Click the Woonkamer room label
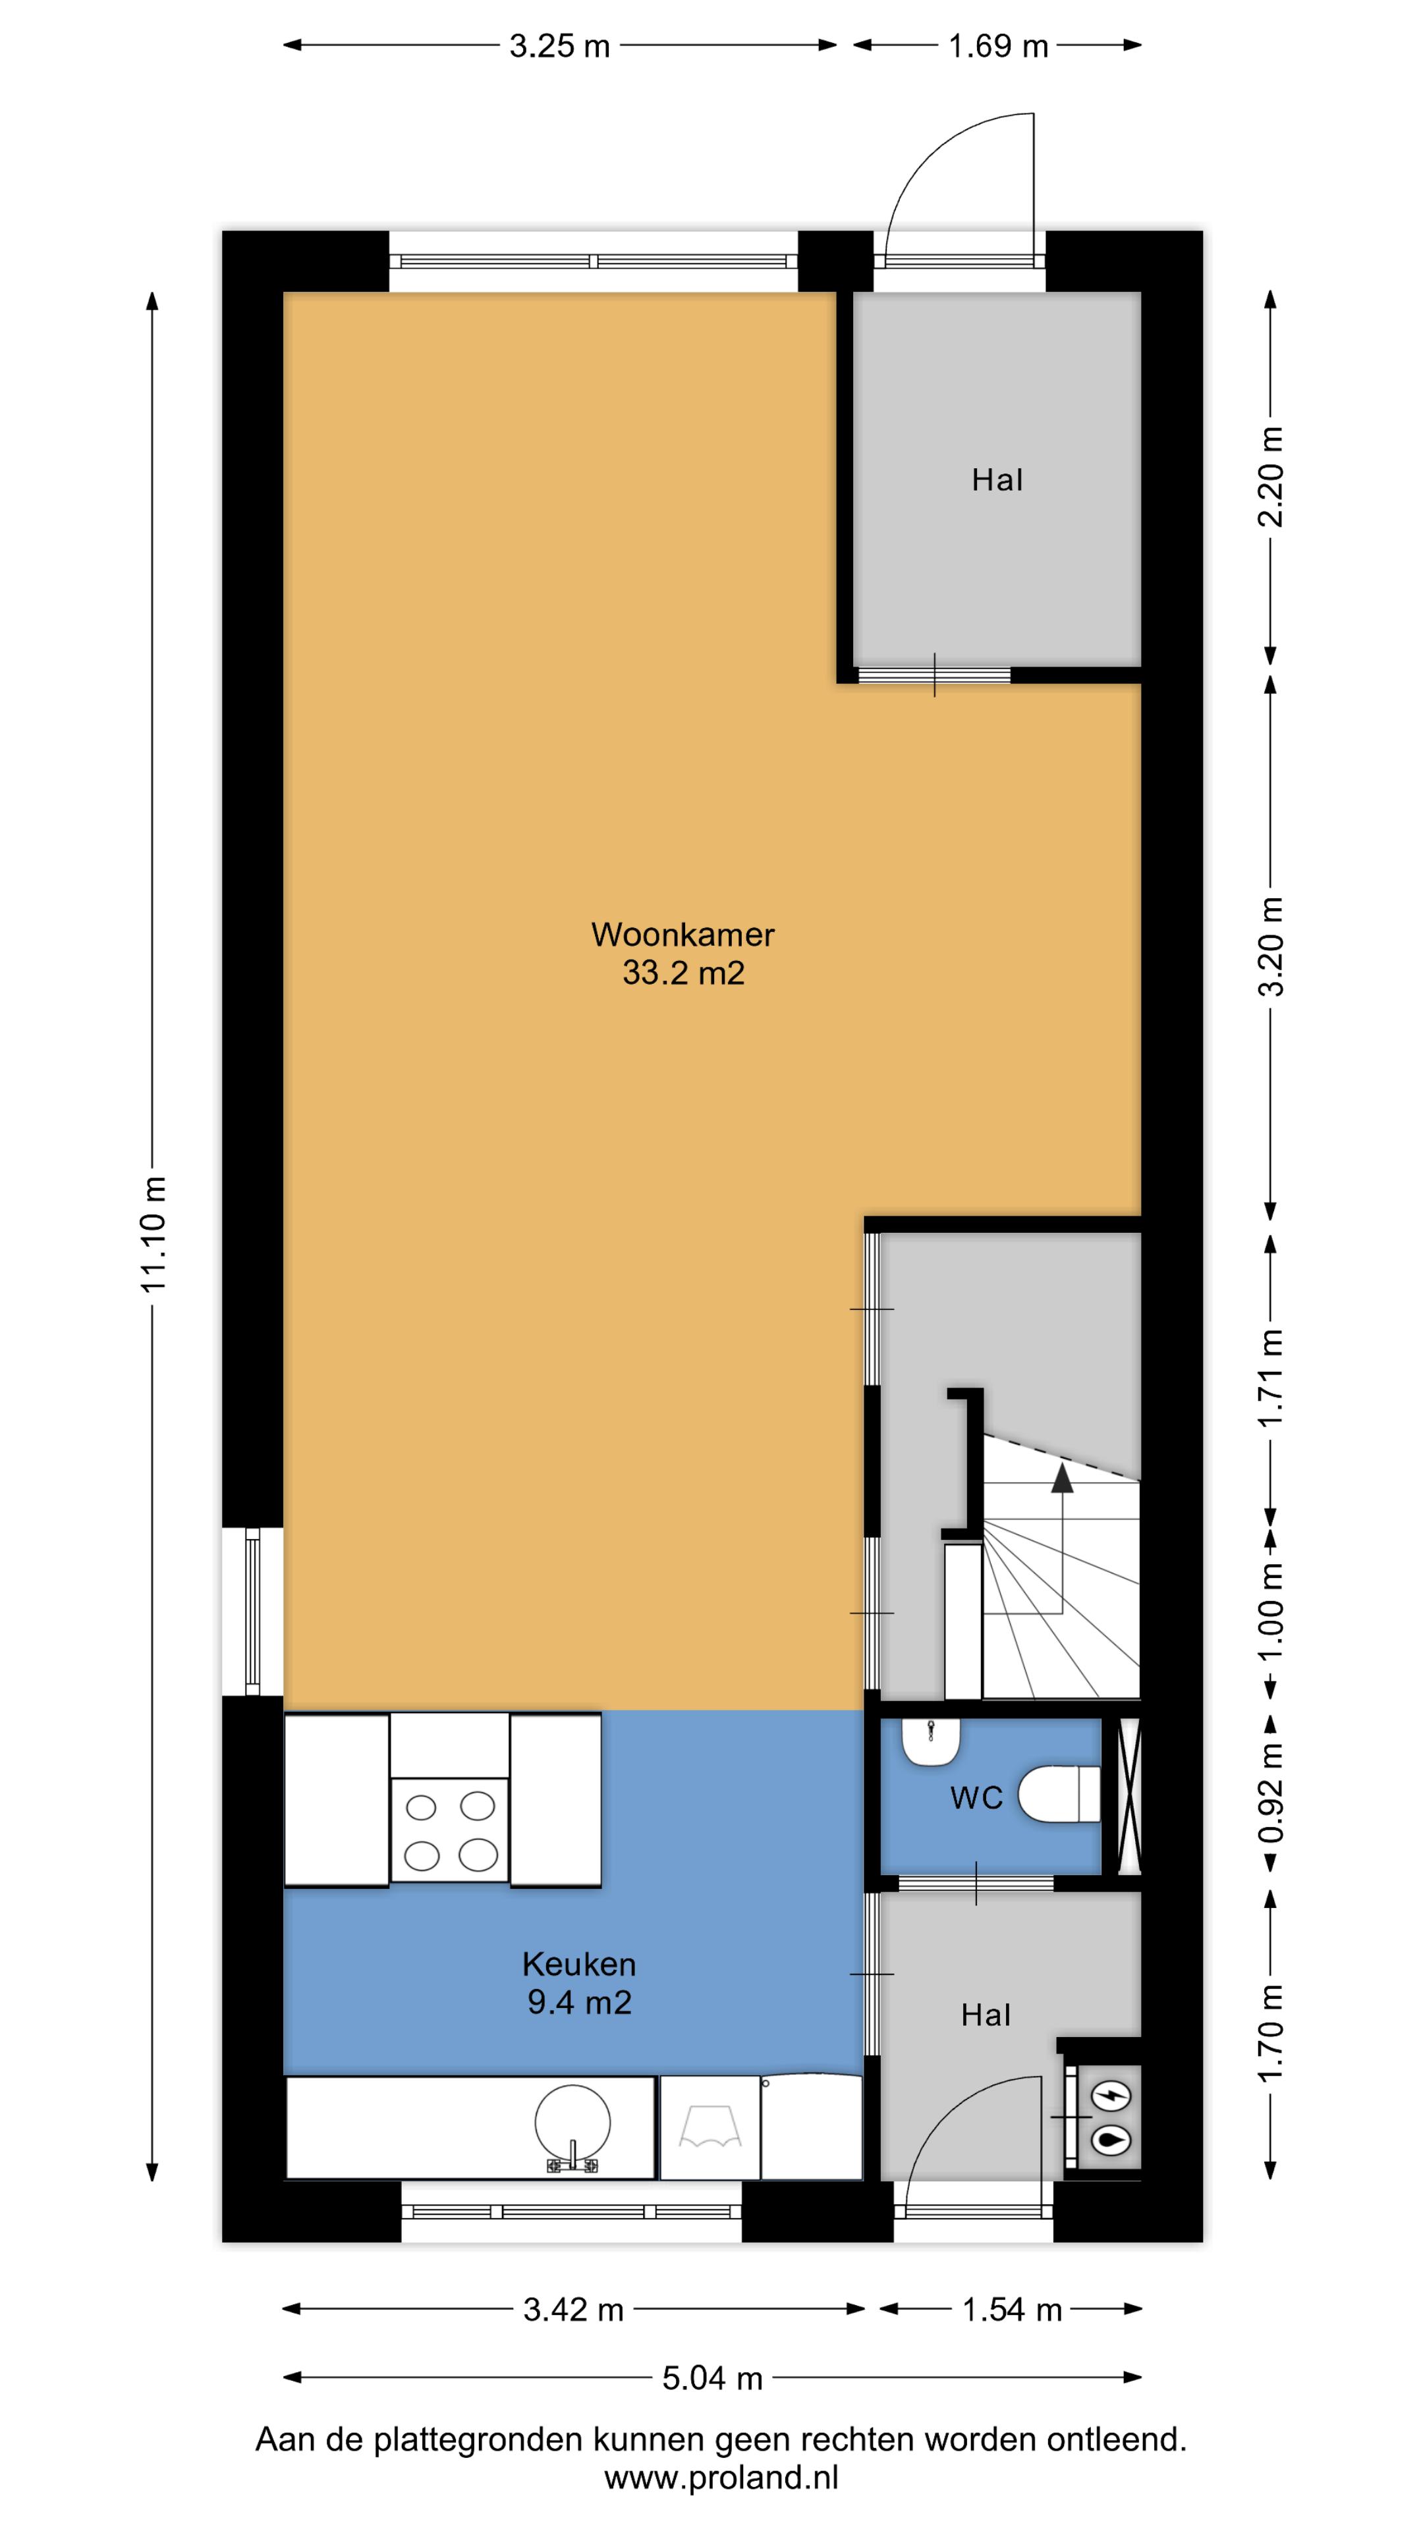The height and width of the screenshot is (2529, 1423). click(x=683, y=934)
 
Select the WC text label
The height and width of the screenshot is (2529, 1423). click(x=976, y=1797)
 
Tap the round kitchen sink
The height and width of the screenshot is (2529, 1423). click(x=572, y=2123)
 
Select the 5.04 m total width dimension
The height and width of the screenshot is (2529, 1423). click(x=712, y=2378)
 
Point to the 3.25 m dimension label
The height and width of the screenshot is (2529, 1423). click(x=560, y=46)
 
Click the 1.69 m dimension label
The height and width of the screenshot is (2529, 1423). click(x=998, y=46)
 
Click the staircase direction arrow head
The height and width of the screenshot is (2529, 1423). click(x=1061, y=1479)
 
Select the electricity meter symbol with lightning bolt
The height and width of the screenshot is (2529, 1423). click(x=1111, y=2097)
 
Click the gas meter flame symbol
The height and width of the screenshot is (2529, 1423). click(x=1111, y=2141)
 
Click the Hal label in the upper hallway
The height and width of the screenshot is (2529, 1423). click(x=997, y=480)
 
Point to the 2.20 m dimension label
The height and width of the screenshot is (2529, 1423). click(x=1271, y=477)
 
